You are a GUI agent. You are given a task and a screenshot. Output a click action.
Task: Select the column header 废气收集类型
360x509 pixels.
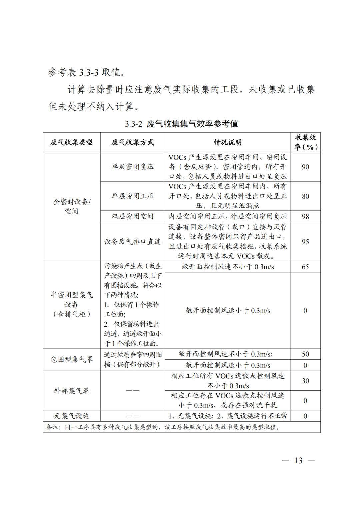(x=71, y=142)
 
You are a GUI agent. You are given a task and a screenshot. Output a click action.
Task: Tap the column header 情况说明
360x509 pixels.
(x=228, y=142)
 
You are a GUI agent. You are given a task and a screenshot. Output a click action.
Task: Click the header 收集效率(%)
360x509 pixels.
(x=305, y=142)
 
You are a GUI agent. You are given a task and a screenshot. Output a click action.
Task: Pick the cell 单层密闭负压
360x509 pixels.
(x=133, y=167)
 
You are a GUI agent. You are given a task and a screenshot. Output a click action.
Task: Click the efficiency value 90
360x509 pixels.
(x=305, y=167)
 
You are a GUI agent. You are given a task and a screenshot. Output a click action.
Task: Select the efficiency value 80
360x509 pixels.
(x=305, y=196)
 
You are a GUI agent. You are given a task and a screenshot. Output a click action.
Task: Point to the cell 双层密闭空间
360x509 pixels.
(x=133, y=216)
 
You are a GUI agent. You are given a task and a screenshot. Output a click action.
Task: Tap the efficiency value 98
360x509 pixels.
(x=305, y=216)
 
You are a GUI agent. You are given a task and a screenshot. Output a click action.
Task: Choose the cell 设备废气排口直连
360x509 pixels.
(x=133, y=241)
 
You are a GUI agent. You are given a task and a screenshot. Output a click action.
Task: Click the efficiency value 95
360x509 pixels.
(x=305, y=241)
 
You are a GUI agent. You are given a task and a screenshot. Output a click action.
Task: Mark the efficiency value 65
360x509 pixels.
(x=305, y=267)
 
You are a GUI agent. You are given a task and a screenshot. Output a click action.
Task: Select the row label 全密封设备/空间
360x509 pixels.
(x=71, y=206)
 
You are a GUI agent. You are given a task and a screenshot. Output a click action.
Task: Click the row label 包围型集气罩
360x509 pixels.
(x=71, y=359)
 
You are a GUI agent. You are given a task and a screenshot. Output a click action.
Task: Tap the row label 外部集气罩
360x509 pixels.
(x=71, y=390)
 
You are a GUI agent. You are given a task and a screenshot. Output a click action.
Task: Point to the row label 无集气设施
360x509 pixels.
(x=71, y=416)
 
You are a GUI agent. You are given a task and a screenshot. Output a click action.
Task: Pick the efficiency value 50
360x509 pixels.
(x=305, y=354)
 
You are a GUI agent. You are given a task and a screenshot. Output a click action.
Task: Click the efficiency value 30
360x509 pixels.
(x=305, y=381)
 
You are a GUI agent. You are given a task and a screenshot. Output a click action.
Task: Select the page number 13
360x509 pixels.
(x=298, y=460)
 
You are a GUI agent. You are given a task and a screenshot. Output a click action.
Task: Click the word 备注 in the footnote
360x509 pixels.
(x=53, y=427)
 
